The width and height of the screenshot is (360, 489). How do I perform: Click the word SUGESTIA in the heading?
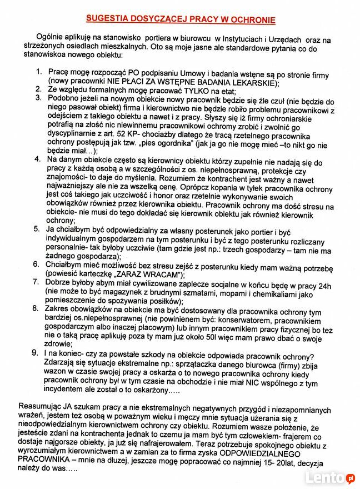[x=112, y=19]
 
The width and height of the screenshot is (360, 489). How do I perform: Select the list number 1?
[x=39, y=73]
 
